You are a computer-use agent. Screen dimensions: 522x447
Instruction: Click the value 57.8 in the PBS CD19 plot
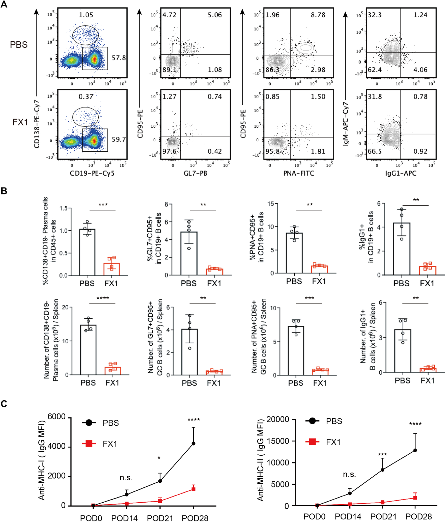point(119,58)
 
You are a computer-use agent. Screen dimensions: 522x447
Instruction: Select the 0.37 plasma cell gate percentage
point(86,97)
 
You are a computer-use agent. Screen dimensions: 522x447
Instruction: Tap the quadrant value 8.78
point(318,15)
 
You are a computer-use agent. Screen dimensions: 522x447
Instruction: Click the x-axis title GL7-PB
point(195,173)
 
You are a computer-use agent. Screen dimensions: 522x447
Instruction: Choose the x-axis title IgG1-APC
point(401,173)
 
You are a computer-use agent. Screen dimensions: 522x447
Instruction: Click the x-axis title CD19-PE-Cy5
point(92,173)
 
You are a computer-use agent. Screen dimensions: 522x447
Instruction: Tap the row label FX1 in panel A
point(20,122)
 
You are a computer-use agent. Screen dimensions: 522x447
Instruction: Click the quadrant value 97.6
point(170,151)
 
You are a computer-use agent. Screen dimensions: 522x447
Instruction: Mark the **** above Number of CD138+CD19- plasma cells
point(103,298)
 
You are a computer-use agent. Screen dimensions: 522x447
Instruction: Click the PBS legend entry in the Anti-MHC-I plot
point(110,423)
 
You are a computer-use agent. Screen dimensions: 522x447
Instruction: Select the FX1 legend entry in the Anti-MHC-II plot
point(333,442)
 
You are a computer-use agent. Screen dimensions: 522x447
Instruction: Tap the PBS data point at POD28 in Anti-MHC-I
point(193,443)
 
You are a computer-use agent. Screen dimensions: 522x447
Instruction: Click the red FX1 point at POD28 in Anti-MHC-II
point(415,498)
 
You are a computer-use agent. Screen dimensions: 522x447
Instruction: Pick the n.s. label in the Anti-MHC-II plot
point(349,475)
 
